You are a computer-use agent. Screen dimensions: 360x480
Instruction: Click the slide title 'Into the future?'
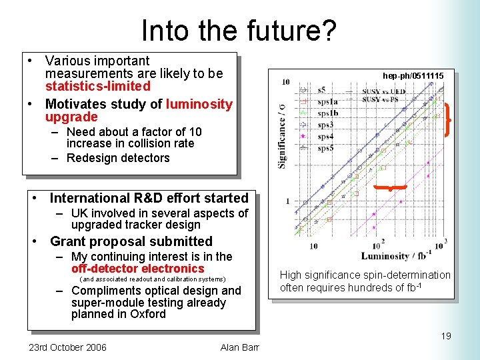239,30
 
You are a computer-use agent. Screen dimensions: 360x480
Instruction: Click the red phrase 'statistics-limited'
97,86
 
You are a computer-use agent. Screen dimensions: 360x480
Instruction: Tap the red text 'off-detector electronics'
137,269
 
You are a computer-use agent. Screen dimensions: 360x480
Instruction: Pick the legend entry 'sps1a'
326,101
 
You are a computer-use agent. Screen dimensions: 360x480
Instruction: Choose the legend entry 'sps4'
324,136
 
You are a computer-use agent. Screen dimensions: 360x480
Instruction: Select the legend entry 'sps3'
324,125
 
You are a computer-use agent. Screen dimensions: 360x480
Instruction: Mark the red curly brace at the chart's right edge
449,120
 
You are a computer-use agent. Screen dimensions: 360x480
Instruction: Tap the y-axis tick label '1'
287,201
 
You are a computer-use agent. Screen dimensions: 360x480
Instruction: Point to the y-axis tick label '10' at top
285,82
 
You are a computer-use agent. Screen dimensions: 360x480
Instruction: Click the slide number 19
445,336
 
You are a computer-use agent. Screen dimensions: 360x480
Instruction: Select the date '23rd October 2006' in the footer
67,347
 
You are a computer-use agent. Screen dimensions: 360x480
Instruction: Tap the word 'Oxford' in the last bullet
148,314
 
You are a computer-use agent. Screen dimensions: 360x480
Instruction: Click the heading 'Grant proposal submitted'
131,241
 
